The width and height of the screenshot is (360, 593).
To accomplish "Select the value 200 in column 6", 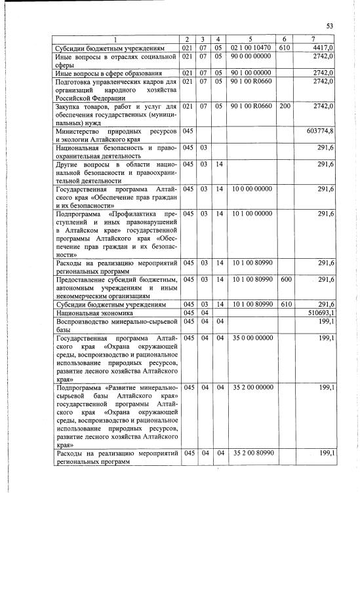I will coord(285,105).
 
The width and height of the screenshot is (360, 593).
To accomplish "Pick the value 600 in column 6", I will coord(285,280).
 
